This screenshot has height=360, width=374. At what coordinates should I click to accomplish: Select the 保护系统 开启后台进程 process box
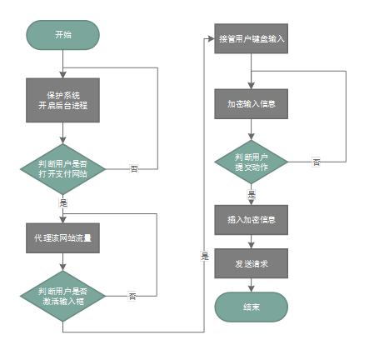click(x=62, y=99)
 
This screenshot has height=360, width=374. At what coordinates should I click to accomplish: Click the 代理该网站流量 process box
click(x=62, y=237)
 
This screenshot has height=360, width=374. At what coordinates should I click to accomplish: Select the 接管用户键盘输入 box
click(x=252, y=38)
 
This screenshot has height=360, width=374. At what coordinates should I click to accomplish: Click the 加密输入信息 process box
click(x=252, y=105)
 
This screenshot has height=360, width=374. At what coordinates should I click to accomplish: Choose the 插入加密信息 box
click(x=252, y=220)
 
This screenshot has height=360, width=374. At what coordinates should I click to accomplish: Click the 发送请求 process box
click(x=252, y=262)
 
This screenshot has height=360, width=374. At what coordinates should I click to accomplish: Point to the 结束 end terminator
click(x=252, y=307)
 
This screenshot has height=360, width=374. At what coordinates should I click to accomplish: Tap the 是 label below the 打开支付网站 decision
click(x=63, y=202)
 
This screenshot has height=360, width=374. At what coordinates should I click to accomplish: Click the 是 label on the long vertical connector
click(x=204, y=255)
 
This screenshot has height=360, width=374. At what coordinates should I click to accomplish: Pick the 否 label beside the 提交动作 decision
click(x=316, y=162)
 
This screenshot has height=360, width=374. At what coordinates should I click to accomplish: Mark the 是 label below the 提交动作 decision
click(x=252, y=194)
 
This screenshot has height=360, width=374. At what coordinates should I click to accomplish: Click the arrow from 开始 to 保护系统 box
click(x=62, y=63)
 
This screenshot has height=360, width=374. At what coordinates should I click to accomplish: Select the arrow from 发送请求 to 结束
click(x=252, y=285)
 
